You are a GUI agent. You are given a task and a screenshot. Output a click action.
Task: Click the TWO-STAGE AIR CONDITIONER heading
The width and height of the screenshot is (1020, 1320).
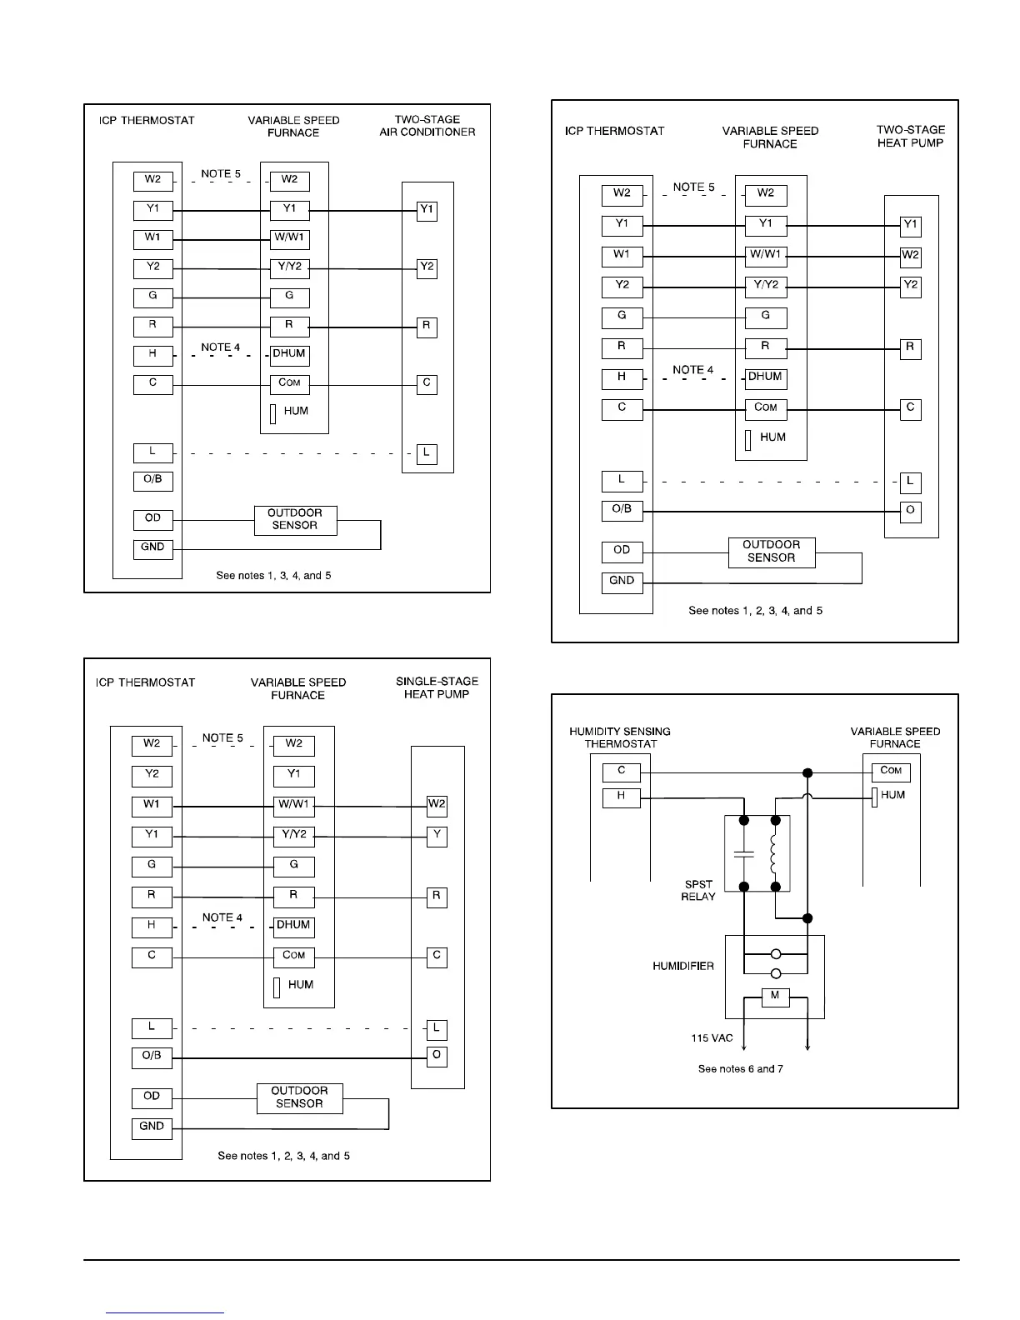coord(427,126)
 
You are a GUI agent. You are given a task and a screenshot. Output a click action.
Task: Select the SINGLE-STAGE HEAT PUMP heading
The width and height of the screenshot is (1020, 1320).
coord(437,687)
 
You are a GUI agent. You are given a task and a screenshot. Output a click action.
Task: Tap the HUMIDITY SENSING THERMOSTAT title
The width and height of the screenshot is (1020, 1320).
coord(620,737)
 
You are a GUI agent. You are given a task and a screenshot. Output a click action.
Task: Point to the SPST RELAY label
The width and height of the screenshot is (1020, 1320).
coord(698,890)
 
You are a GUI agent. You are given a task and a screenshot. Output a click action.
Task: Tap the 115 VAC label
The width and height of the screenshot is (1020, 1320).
coord(712,1038)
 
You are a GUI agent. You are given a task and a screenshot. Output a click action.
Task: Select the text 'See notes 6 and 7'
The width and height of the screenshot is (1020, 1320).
coord(740,1068)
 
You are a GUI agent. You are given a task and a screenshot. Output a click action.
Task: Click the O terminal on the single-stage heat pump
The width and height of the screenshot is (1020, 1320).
coord(437,1056)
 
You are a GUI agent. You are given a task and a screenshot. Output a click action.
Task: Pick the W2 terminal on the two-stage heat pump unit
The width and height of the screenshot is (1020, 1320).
coord(910,255)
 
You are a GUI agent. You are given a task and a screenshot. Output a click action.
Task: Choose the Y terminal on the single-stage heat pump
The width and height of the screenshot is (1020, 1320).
coord(437,836)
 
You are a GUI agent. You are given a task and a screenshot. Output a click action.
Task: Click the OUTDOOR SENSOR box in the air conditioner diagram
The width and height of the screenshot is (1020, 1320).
coord(295,519)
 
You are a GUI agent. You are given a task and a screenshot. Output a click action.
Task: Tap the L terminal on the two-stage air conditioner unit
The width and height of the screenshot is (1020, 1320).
coord(426,453)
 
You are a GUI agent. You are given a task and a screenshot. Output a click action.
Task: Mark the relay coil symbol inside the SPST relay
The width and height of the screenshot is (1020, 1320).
coord(775,851)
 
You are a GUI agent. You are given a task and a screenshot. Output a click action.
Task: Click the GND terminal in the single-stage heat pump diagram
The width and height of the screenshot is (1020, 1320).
coord(152,1127)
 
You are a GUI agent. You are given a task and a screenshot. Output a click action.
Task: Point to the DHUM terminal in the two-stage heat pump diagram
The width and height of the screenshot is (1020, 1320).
coord(765,377)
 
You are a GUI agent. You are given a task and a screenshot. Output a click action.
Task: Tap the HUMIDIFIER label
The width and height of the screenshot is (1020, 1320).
coord(683,967)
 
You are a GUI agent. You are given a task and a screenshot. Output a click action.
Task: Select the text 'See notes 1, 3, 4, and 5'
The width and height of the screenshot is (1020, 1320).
coord(273,576)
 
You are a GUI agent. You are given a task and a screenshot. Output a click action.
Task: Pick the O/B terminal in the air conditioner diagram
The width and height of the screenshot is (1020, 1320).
coord(152,480)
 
